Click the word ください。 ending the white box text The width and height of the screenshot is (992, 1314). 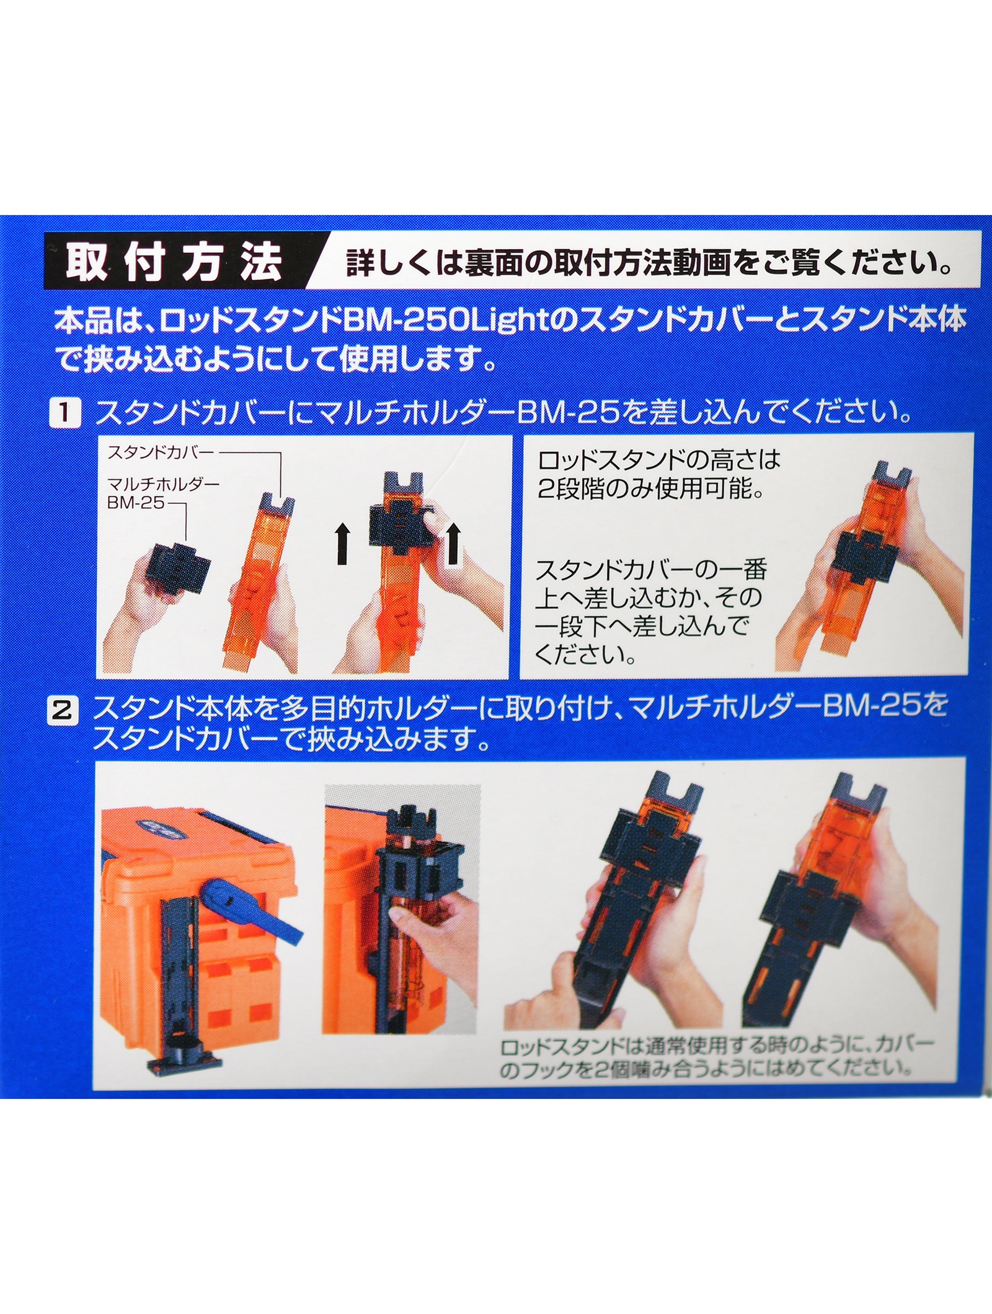585,655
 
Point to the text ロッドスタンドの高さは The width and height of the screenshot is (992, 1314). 659,461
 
